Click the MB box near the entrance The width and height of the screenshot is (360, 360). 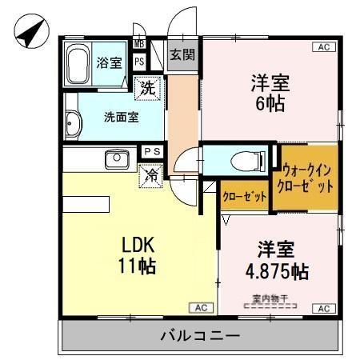(138, 44)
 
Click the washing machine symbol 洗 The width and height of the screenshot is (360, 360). (147, 88)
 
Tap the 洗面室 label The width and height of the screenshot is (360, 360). (121, 115)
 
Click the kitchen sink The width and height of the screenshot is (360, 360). (118, 158)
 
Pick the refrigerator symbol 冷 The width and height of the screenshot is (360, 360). (150, 175)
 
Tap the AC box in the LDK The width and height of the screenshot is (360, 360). (201, 308)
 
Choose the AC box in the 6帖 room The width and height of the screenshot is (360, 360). (323, 47)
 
